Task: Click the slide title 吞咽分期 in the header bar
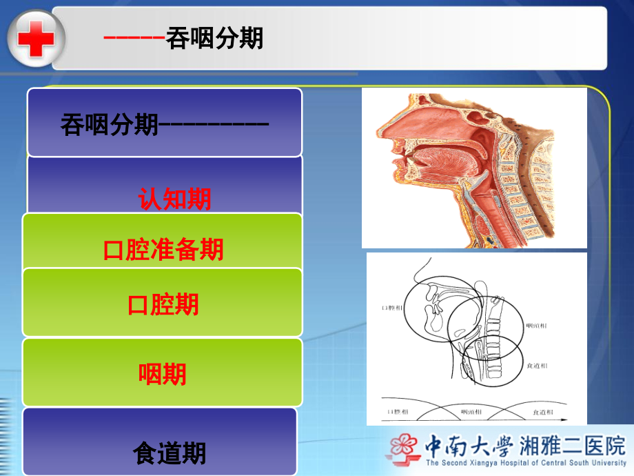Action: [x=214, y=39]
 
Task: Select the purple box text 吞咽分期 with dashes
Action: [x=164, y=126]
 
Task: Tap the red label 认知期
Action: [x=175, y=199]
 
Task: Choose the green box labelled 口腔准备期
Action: [x=163, y=249]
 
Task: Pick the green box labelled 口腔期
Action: [x=163, y=304]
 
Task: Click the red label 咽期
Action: [x=163, y=375]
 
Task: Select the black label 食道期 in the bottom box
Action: [x=170, y=453]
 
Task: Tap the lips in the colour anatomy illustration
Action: [x=395, y=170]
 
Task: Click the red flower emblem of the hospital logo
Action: [x=402, y=446]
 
